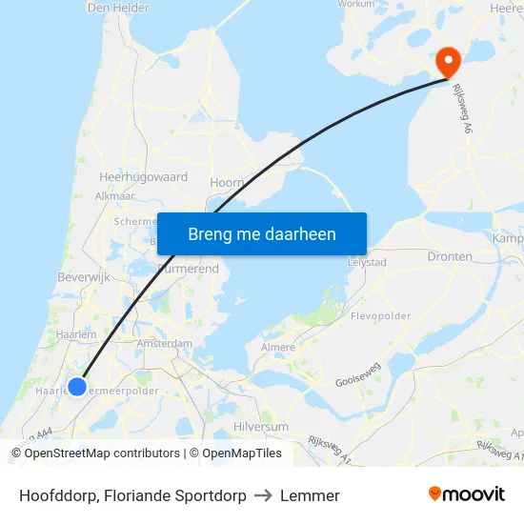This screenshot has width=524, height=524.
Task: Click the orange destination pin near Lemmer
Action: [x=448, y=61]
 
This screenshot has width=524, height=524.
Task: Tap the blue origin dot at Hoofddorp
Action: [x=77, y=387]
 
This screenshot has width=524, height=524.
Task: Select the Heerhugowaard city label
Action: [x=143, y=177]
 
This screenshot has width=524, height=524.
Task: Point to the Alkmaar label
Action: [x=115, y=195]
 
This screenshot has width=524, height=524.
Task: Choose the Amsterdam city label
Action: [x=164, y=343]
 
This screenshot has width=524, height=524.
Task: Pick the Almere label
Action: [x=278, y=348]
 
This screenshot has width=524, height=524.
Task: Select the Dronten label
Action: [x=451, y=257]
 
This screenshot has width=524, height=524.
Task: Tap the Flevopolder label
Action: [x=380, y=315]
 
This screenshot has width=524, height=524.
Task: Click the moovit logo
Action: [x=467, y=494]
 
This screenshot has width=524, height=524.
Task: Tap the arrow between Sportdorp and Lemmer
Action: [x=263, y=495]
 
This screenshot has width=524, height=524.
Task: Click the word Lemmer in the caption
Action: [x=310, y=495]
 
